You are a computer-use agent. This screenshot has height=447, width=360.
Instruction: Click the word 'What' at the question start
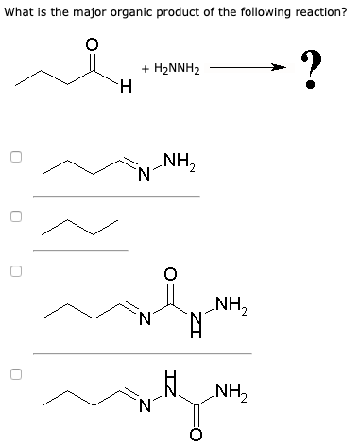(x=21, y=12)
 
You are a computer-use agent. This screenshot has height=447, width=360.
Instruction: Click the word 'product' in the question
(x=185, y=12)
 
